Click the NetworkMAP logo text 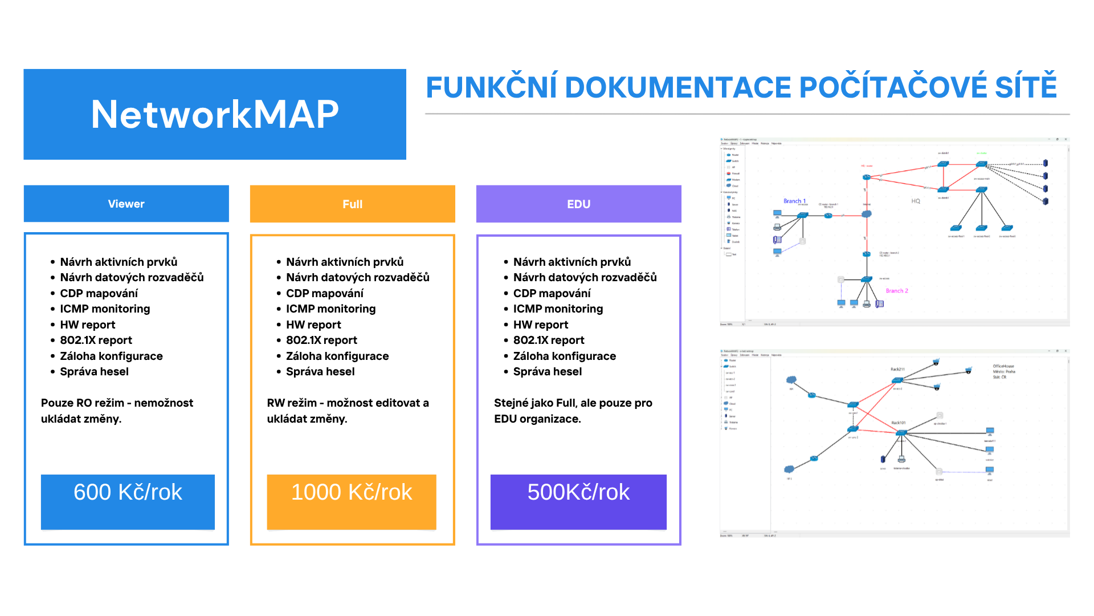tap(215, 114)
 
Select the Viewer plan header tap(126, 204)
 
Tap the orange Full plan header tap(352, 204)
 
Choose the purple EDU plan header tap(578, 204)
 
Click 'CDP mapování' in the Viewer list tap(99, 293)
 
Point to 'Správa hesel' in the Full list tap(320, 371)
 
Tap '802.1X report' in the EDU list tap(549, 340)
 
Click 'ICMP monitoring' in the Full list tap(330, 309)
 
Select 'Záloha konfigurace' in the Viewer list tap(111, 356)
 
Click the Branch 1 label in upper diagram tap(794, 201)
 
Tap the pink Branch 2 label tap(897, 291)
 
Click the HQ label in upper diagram tap(916, 201)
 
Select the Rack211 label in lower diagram tap(897, 370)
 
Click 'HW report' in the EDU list tap(540, 325)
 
